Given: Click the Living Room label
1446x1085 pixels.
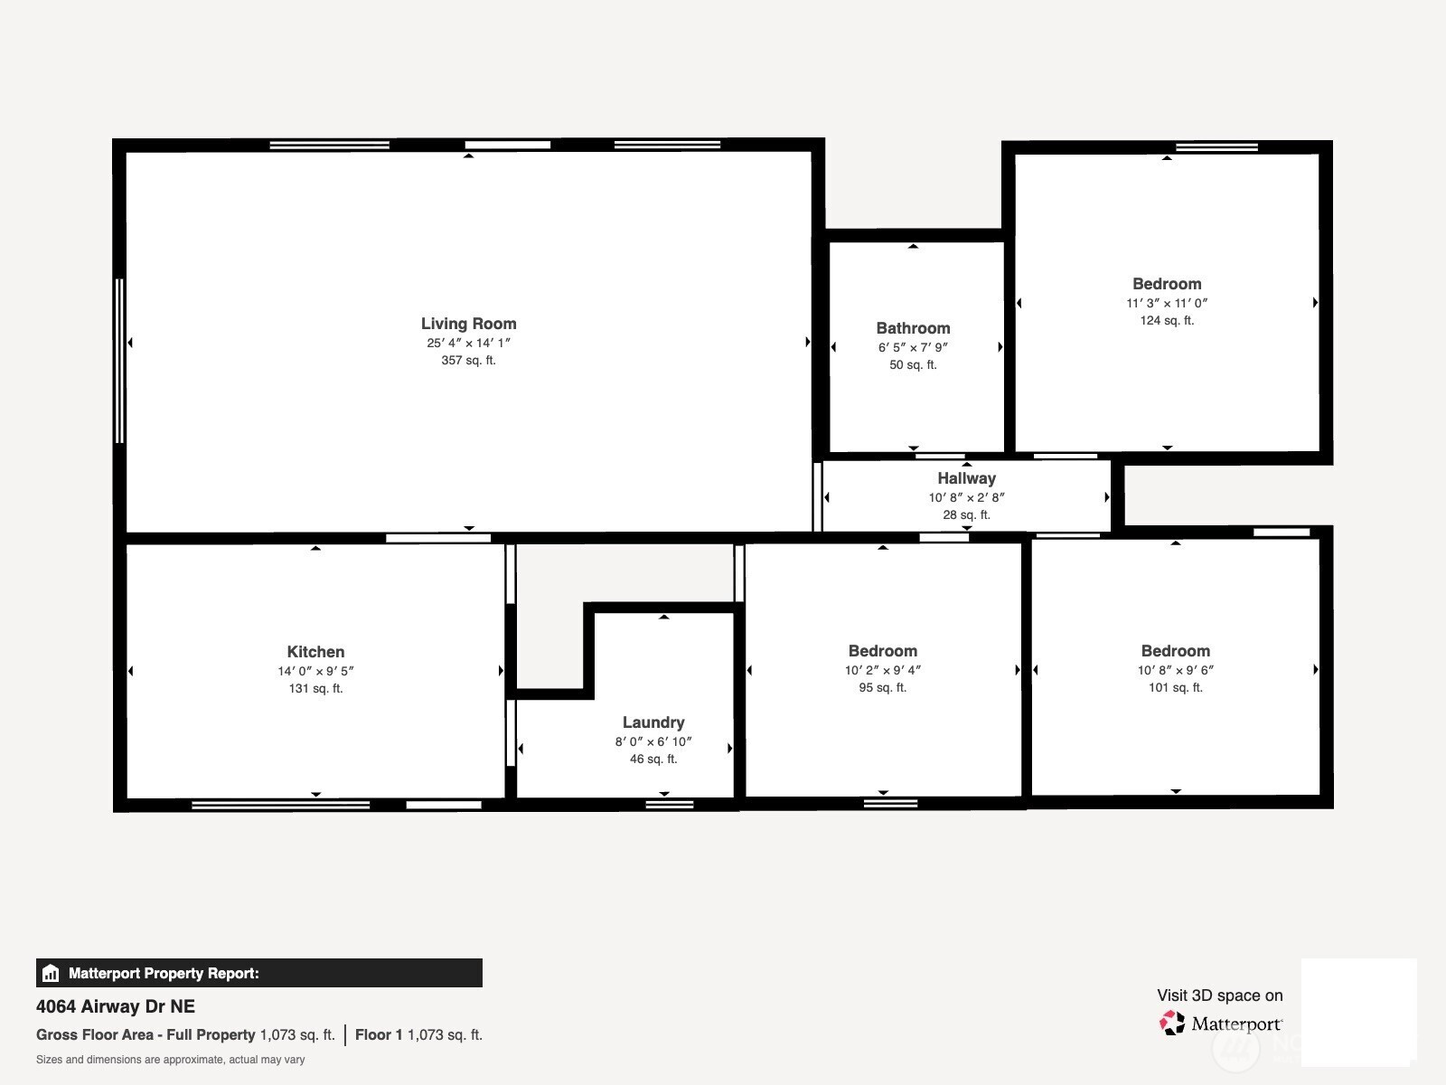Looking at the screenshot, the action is [x=468, y=324].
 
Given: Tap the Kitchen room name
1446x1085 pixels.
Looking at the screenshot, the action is [x=315, y=652].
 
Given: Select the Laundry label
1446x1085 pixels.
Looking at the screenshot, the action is [x=653, y=722].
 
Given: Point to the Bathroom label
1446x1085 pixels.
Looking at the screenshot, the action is [x=913, y=328].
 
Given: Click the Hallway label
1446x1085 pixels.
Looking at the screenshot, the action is [x=966, y=478].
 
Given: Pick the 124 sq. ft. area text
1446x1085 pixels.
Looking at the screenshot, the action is [x=1167, y=321].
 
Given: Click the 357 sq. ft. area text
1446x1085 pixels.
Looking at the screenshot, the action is [x=468, y=361].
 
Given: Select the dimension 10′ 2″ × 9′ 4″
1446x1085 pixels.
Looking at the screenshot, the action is [x=883, y=670].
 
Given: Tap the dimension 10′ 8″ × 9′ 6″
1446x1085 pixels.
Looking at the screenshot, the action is [x=1175, y=670].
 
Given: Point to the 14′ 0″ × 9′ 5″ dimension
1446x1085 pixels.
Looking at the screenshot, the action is [x=315, y=671].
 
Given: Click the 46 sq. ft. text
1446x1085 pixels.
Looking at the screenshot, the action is [x=653, y=759].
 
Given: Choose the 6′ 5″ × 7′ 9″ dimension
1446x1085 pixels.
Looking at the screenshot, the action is [x=913, y=347].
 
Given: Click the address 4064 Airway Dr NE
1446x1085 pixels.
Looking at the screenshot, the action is [x=116, y=1006].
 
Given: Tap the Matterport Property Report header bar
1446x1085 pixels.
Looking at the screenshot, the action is [x=258, y=973].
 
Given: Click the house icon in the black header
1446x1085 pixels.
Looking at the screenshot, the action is [x=51, y=973].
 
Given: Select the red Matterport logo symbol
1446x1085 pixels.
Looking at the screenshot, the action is [x=1171, y=1024].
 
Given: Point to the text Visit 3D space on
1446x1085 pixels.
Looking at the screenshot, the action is [x=1219, y=995].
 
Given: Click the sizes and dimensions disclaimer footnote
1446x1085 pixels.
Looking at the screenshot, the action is [x=170, y=1060].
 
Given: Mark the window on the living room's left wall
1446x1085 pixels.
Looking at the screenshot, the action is [x=119, y=361].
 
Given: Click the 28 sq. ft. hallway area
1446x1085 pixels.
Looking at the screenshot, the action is [x=966, y=515].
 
